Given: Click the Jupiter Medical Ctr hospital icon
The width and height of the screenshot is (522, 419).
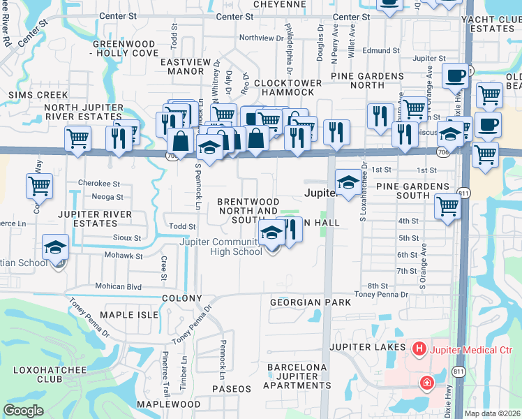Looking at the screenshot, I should [x=419, y=347].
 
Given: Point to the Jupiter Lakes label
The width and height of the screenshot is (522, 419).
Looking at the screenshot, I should [x=368, y=347].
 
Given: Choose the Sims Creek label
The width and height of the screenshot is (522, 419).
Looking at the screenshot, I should [x=38, y=95].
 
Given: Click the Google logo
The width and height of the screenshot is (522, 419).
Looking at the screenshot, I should [x=23, y=410].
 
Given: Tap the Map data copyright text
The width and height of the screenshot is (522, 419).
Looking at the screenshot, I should [x=493, y=413].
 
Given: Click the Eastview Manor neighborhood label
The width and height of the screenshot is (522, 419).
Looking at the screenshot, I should [x=186, y=66].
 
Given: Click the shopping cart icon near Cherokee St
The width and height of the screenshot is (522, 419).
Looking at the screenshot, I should [x=40, y=186].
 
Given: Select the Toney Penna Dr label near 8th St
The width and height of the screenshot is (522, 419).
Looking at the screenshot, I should [x=380, y=294].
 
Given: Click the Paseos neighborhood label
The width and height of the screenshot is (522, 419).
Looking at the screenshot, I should [x=232, y=388].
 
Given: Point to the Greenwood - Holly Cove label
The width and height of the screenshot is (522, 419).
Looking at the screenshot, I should [x=126, y=48].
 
